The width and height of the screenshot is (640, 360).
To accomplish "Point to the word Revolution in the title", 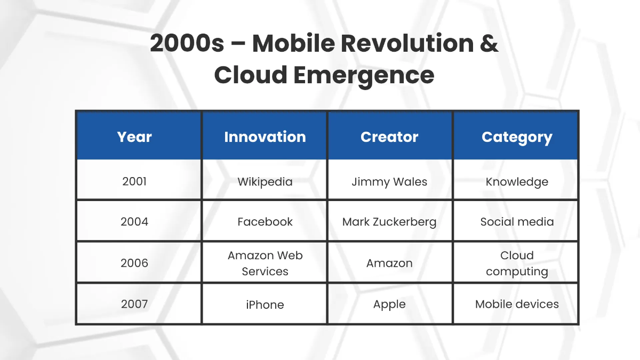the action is click(407, 43).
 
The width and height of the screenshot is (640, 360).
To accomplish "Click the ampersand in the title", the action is click(489, 43).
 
